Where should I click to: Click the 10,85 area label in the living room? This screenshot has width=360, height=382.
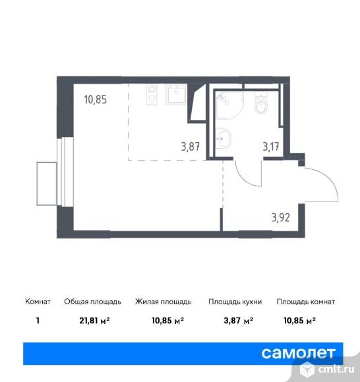(96, 99)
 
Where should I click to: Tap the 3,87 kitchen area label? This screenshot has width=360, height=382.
(191, 147)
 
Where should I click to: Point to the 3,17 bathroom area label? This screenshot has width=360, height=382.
(271, 147)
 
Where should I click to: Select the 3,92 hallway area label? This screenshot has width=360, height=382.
(281, 217)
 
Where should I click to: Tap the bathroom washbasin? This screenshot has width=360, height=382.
(223, 138)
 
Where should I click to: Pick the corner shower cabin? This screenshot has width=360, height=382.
(229, 105)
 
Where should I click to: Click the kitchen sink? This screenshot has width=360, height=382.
(176, 95)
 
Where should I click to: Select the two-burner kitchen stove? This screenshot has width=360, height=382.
(152, 95)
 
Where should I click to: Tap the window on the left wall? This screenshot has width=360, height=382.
(65, 172)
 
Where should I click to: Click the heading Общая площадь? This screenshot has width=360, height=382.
(92, 302)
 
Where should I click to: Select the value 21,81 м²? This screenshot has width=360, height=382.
(94, 321)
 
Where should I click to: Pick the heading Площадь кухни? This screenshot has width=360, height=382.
(235, 302)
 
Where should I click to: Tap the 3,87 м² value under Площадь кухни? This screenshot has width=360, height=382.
(239, 321)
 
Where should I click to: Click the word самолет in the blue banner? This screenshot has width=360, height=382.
(299, 353)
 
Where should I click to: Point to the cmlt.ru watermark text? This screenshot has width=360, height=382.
(336, 369)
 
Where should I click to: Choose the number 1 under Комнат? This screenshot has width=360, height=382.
(38, 321)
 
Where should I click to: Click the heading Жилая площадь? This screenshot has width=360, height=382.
(163, 302)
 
